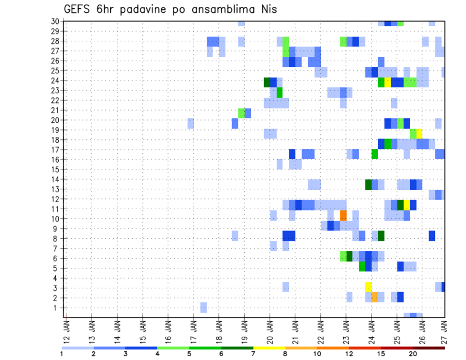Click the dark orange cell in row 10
[x=343, y=215]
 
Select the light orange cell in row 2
[x=375, y=297]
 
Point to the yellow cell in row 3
[x=368, y=287]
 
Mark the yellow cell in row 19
[x=419, y=133]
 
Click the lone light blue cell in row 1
[x=203, y=307]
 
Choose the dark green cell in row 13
[x=368, y=184]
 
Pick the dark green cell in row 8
[x=381, y=236]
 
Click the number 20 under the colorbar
[x=414, y=354]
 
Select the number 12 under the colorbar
[x=349, y=354]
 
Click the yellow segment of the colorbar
[x=269, y=348]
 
